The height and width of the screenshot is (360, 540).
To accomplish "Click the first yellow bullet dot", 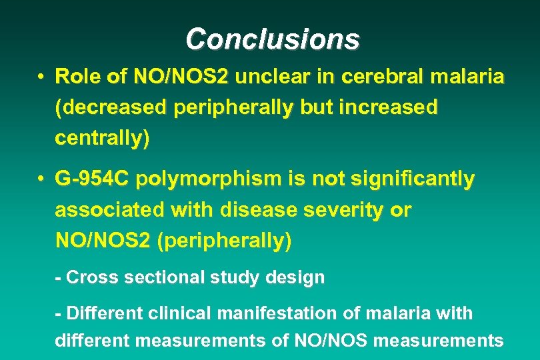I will (x=41, y=77).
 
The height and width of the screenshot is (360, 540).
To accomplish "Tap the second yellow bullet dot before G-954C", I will (x=41, y=179).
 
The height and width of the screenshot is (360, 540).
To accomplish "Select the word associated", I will (x=110, y=210).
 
